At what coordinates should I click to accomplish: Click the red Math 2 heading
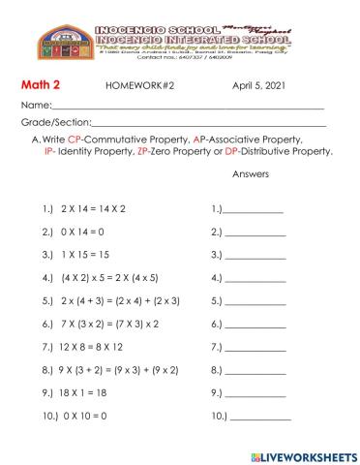click(43, 84)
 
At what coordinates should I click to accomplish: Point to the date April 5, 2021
click(260, 85)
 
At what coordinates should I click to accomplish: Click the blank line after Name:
click(184, 106)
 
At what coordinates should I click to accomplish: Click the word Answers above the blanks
click(251, 174)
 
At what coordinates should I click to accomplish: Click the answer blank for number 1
click(255, 210)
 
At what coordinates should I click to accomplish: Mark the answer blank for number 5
click(255, 301)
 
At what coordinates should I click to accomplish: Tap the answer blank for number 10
click(259, 417)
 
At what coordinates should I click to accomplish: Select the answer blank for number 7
click(255, 347)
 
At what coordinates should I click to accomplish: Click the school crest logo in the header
click(66, 44)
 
